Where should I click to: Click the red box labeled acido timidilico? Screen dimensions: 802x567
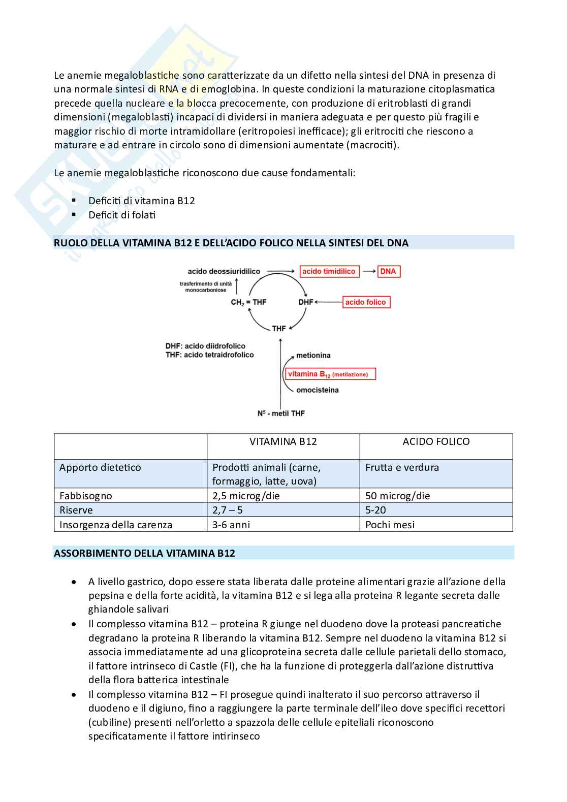329,271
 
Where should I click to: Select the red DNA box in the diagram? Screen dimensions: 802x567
388,271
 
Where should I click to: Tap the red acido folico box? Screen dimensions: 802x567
366,302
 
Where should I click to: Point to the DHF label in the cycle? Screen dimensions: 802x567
306,302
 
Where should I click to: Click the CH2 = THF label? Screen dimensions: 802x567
248,302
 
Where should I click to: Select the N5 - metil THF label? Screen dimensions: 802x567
281,413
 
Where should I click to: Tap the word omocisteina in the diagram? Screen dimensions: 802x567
318,390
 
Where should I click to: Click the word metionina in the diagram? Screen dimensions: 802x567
313,356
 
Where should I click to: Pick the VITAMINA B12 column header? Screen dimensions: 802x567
283,442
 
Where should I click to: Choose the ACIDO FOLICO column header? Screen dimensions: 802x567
436,442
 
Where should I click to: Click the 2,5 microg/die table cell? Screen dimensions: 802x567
246,496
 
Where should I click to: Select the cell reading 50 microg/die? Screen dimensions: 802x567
397,496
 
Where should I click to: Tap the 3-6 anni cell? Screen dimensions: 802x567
231,525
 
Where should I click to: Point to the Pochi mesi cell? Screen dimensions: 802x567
390,525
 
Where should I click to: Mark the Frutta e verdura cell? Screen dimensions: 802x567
402,467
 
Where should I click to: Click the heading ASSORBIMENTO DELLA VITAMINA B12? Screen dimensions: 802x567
145,553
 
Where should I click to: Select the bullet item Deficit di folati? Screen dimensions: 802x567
122,215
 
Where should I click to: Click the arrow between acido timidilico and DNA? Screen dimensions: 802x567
369,271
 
